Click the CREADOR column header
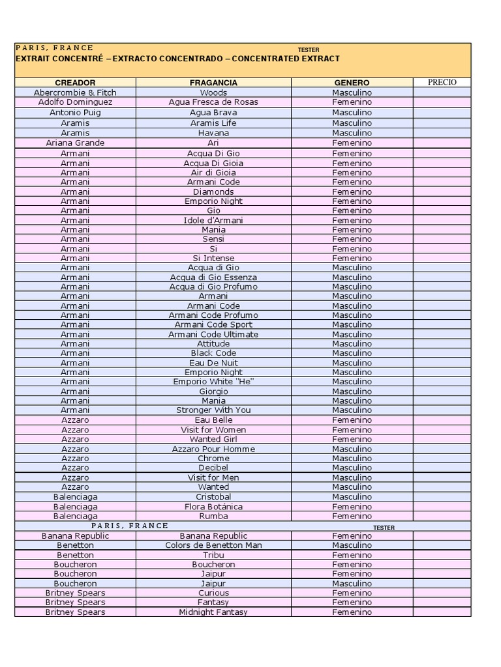[x=75, y=83]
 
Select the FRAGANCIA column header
[x=213, y=83]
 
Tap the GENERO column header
[x=352, y=83]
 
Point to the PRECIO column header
[x=442, y=82]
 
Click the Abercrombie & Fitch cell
[x=75, y=92]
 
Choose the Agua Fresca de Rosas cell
[x=213, y=102]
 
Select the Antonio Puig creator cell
[x=75, y=113]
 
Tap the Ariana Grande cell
[x=75, y=143]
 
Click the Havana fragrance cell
[x=213, y=133]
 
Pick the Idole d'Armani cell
[x=213, y=220]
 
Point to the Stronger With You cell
[x=213, y=410]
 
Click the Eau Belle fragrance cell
[x=213, y=420]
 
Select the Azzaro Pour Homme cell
[x=213, y=449]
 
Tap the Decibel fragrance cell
[x=213, y=468]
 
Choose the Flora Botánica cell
[x=213, y=507]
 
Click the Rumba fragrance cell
[x=213, y=516]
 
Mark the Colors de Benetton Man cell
[x=213, y=545]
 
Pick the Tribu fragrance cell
[x=213, y=555]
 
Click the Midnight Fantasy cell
[x=213, y=612]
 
